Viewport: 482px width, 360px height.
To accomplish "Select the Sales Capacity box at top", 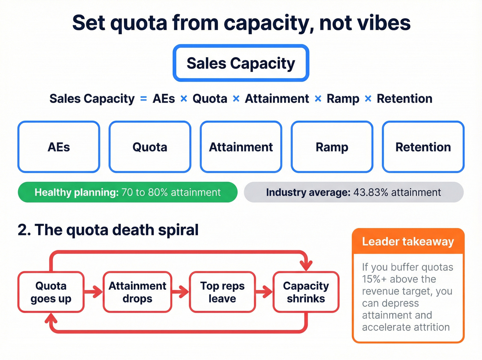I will click(x=241, y=63).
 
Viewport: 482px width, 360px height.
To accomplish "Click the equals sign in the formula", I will click(x=144, y=99).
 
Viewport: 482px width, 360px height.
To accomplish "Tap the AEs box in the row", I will click(x=59, y=147).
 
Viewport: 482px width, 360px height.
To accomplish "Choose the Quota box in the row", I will click(x=150, y=147).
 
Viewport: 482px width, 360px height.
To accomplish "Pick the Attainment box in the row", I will click(x=241, y=147).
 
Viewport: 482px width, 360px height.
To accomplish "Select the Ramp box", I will click(x=332, y=147).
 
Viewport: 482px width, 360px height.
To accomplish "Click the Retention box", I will click(x=423, y=147).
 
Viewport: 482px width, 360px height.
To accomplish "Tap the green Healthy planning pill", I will click(x=127, y=192).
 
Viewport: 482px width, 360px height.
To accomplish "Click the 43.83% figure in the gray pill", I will click(x=371, y=192).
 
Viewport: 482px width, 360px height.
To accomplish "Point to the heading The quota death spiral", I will click(x=108, y=230).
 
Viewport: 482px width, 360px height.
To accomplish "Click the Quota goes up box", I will click(x=51, y=292).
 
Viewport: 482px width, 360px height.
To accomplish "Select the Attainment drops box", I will click(x=137, y=292).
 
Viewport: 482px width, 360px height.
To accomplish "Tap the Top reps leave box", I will click(x=222, y=292).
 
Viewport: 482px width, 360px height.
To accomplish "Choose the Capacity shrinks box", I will click(x=306, y=292).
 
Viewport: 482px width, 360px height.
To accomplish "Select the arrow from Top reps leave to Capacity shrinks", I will click(x=264, y=292).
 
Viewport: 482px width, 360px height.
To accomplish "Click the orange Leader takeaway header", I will click(x=408, y=241).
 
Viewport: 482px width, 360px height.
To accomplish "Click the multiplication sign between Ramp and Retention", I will click(x=368, y=99).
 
